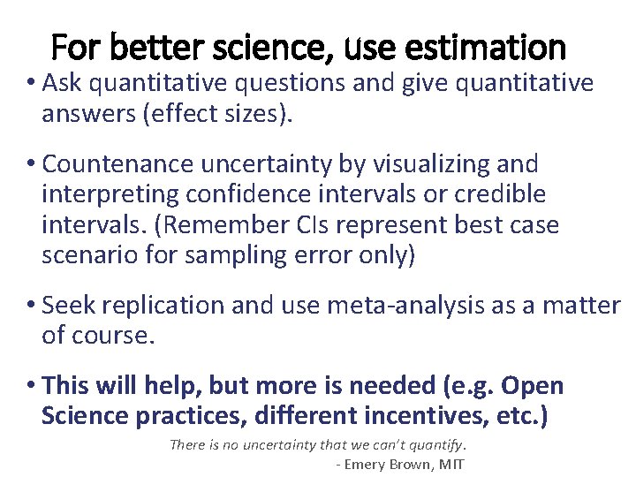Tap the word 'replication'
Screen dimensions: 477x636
pos(163,306)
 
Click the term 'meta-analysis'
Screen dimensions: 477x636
pos(404,306)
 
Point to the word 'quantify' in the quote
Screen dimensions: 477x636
pos(435,445)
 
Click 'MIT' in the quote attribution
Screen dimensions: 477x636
pos(451,465)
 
